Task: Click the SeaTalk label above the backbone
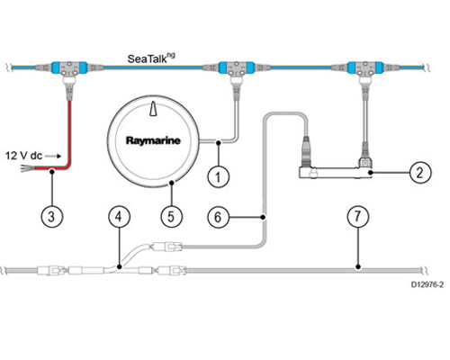(151, 58)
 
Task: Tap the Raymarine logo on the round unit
(153, 140)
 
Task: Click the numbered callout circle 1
(219, 176)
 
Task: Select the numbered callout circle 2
(420, 173)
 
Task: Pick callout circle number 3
(52, 216)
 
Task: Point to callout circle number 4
(119, 216)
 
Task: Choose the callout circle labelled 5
(171, 216)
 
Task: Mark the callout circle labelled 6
(219, 217)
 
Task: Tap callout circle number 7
(357, 216)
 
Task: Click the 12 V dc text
(24, 156)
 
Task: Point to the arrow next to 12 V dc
(54, 156)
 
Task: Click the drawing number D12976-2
(427, 284)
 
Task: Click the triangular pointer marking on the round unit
(153, 109)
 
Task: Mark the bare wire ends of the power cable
(27, 168)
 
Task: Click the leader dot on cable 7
(357, 266)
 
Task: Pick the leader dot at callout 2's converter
(371, 173)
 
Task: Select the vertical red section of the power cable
(69, 133)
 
